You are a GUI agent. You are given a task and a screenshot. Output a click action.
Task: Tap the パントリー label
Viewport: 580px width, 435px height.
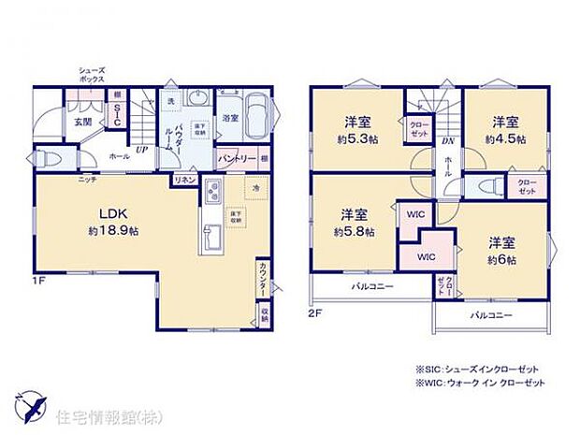[237, 159]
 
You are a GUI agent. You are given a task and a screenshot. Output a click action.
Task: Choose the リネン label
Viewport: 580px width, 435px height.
[184, 179]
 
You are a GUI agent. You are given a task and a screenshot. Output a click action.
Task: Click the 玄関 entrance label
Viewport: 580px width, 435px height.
[81, 122]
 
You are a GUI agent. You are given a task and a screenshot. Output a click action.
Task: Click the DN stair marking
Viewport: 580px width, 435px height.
[448, 141]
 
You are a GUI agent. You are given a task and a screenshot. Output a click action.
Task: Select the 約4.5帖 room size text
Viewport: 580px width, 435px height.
[505, 138]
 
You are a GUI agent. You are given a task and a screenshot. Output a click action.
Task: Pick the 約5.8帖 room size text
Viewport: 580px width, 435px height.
[355, 230]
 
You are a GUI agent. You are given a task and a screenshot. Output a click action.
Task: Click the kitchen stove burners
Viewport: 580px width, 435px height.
[210, 195]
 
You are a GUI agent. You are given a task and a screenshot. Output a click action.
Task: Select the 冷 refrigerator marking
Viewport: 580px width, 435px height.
[254, 187]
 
